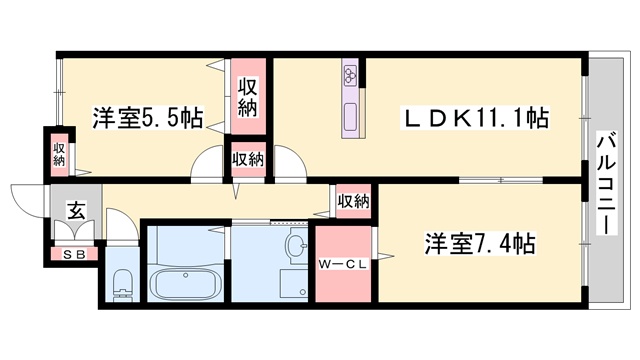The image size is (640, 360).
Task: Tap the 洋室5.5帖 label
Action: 147,118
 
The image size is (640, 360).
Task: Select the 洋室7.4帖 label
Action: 480,243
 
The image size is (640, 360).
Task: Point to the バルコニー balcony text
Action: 607,183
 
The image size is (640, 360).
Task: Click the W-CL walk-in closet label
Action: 343,264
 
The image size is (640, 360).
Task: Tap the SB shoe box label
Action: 74,255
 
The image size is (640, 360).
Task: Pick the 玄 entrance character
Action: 76,210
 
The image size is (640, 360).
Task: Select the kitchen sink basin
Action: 350,117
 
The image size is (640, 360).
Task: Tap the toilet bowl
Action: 123,284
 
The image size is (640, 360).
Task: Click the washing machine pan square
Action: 293,285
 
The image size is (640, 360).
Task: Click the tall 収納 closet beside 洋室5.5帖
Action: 248,97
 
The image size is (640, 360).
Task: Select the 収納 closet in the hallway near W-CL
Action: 353,201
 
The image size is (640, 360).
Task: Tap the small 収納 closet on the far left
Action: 59,154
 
